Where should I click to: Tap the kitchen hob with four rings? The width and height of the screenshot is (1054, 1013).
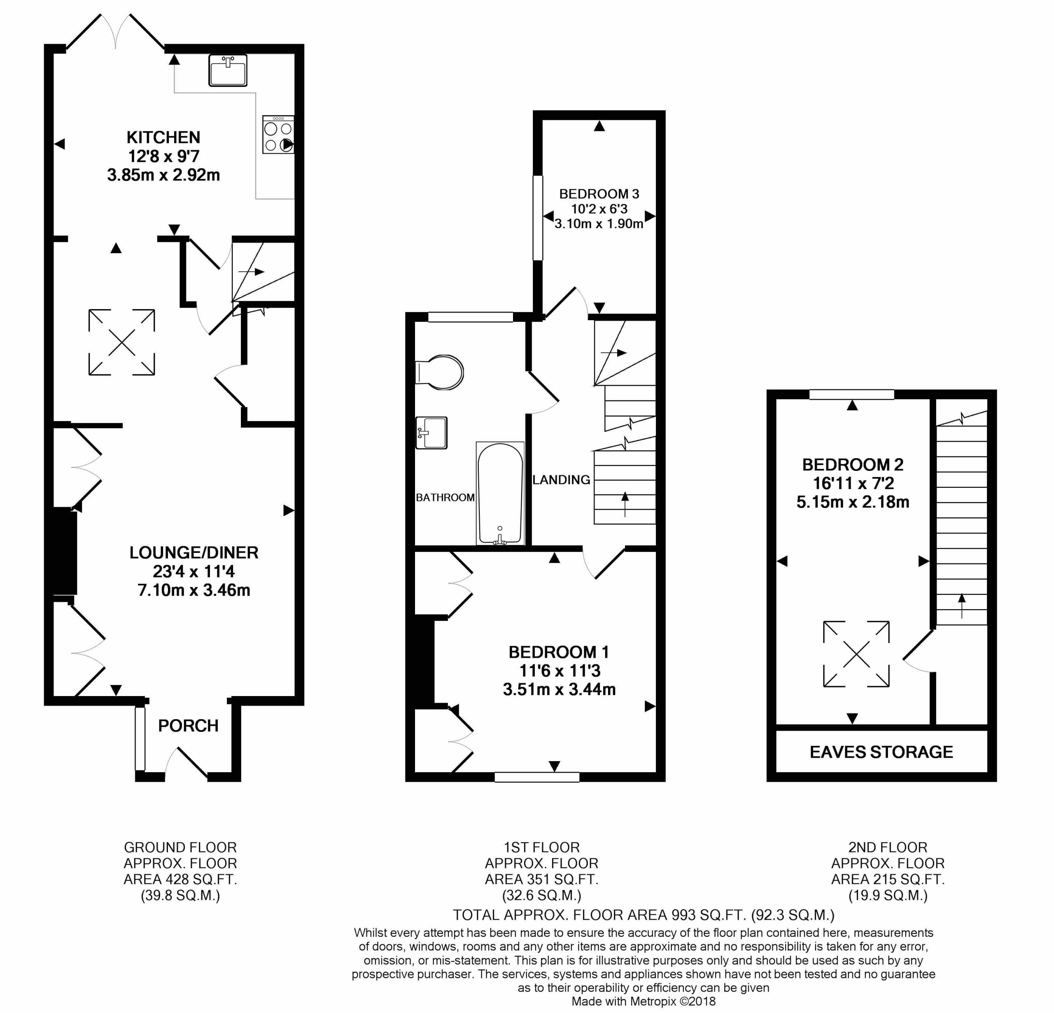[278, 135]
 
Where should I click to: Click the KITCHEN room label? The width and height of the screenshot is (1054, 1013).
[163, 137]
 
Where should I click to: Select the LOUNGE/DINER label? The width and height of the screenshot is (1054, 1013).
[194, 552]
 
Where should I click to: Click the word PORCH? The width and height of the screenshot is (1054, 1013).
[188, 726]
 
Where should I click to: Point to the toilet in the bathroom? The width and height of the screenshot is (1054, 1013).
[440, 372]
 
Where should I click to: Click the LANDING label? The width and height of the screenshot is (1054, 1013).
[561, 480]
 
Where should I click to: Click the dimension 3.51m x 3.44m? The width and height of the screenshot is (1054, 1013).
[559, 689]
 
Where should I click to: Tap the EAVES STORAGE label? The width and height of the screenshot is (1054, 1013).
[881, 752]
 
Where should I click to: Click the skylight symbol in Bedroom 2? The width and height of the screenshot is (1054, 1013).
[856, 654]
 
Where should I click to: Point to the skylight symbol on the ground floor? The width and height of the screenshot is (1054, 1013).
[121, 342]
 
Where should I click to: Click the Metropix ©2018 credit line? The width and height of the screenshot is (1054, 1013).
[643, 1001]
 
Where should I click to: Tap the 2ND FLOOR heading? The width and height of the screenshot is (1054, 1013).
[887, 848]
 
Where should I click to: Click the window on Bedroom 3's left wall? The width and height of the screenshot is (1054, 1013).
[537, 218]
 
